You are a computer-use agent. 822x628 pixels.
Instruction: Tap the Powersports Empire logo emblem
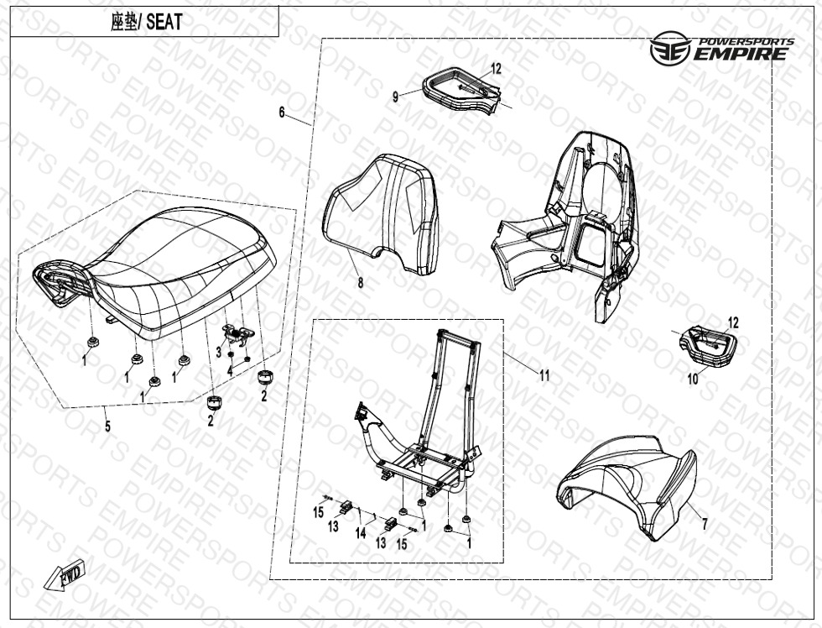coord(668,48)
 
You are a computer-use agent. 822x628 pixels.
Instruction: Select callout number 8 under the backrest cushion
coord(360,282)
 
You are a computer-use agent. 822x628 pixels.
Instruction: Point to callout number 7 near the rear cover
coord(705,523)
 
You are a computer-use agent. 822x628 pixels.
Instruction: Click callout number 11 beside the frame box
coord(544,375)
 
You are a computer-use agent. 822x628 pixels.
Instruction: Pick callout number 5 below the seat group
coord(107,426)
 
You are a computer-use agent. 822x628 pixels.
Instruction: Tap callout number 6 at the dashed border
coord(282,113)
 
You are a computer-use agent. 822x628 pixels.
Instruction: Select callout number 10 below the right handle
coord(693,379)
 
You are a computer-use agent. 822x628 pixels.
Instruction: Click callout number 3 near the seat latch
coord(219,352)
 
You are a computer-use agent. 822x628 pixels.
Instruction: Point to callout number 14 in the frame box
coord(361,533)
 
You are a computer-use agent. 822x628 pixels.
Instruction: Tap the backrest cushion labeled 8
coord(382,214)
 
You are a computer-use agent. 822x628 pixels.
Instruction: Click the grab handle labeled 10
coord(708,345)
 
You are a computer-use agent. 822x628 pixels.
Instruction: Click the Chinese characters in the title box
coord(124,22)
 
